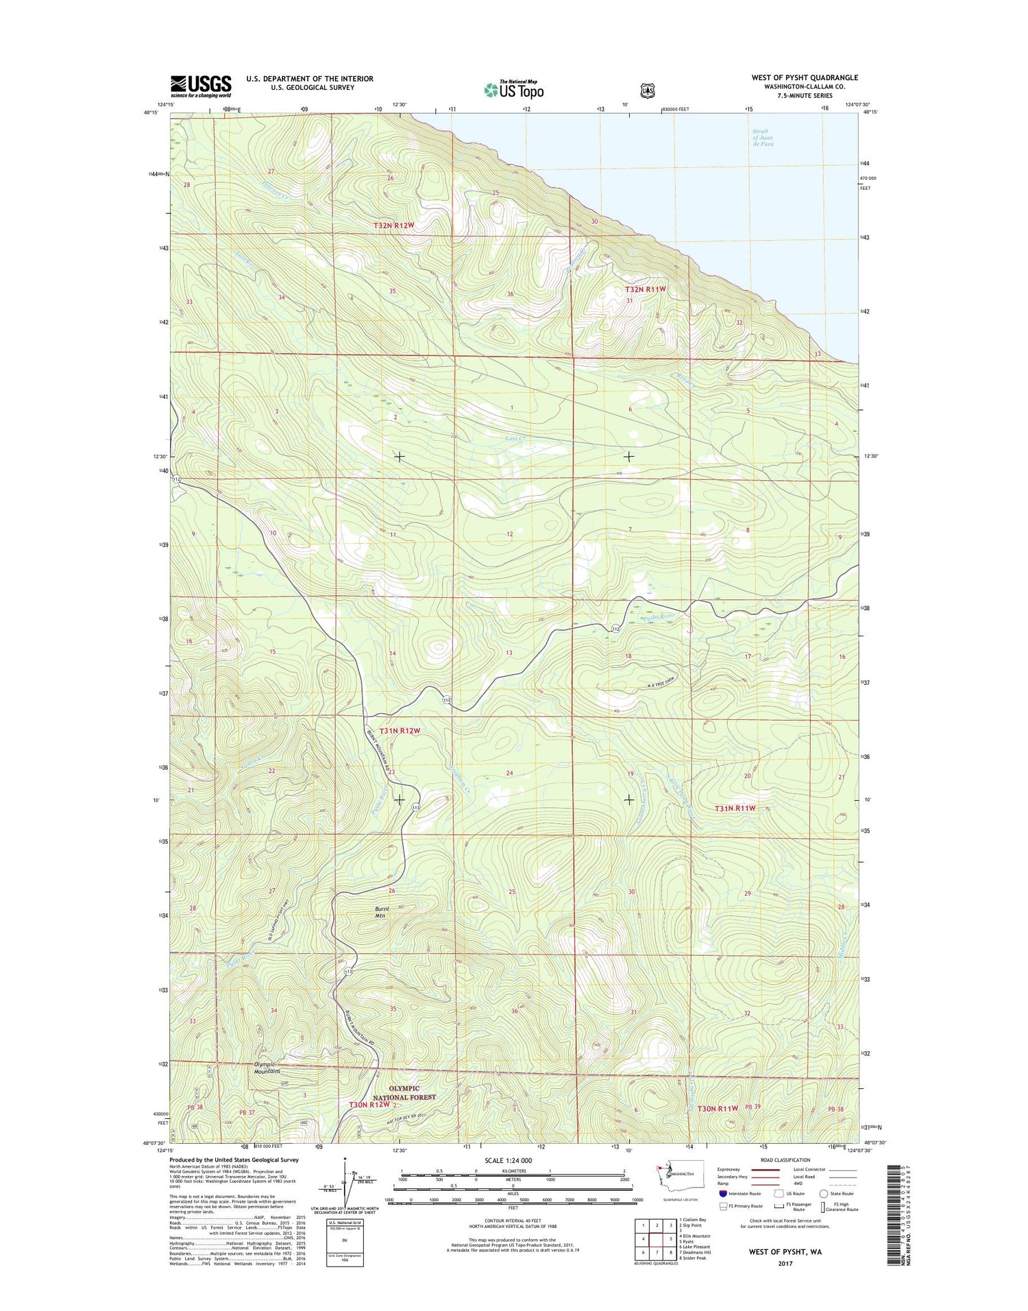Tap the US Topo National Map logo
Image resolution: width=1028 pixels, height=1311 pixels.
[x=513, y=89]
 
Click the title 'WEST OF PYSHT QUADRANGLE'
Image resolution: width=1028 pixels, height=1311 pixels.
[x=804, y=77]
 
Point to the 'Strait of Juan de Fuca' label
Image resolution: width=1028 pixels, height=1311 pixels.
[x=762, y=137]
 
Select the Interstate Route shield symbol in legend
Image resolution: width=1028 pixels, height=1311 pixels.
[x=724, y=1194]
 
